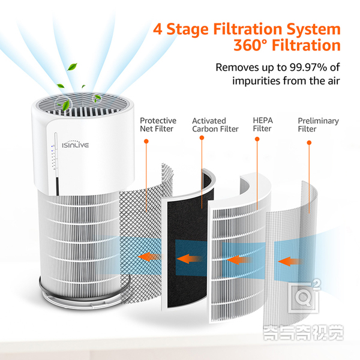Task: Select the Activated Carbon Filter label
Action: (x=215, y=125)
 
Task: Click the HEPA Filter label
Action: (x=262, y=125)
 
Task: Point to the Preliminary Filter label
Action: (x=318, y=125)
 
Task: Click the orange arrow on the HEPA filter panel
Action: (x=238, y=260)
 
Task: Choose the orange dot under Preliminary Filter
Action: (x=308, y=143)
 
